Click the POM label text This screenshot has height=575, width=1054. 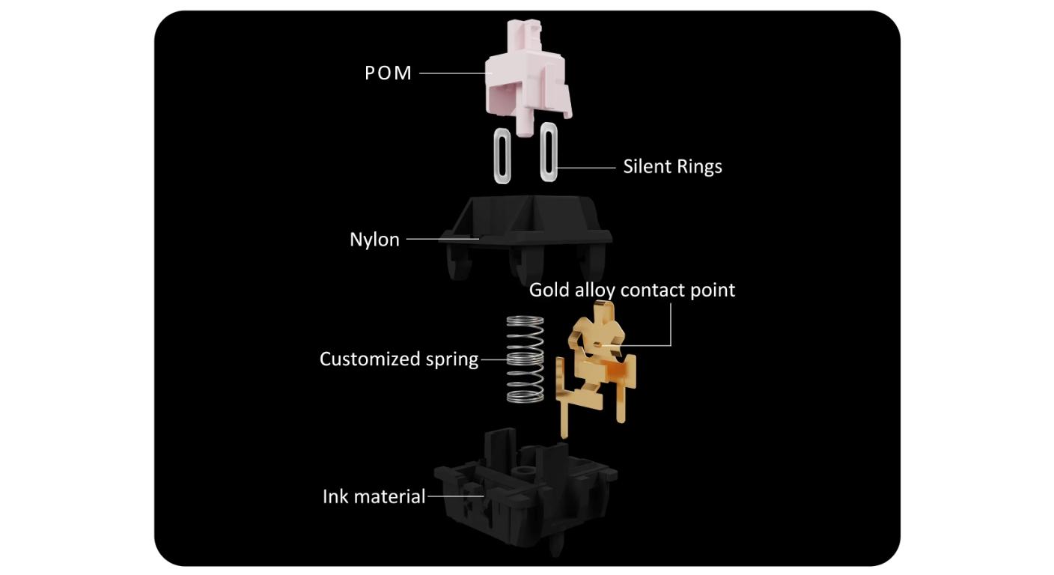point(389,73)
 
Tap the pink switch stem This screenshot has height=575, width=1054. point(527,80)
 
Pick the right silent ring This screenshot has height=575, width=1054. point(549,152)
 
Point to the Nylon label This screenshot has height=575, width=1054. point(374,240)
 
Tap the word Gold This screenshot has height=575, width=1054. point(549,290)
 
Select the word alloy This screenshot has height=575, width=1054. point(595,290)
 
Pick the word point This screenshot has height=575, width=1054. point(713,290)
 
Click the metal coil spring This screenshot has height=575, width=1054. point(525,359)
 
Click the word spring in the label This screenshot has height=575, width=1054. point(452,360)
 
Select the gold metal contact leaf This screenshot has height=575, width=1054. point(595,369)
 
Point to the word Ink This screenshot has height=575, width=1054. point(335,496)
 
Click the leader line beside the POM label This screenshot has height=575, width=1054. point(453,73)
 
